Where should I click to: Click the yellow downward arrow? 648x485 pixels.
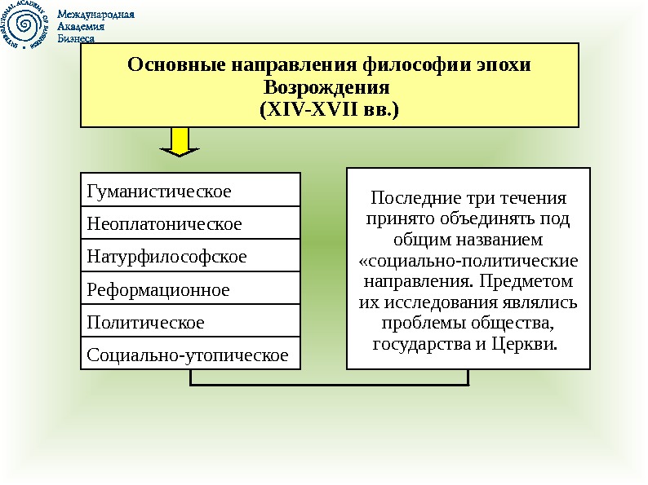click(180, 141)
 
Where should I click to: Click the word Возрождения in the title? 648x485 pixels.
click(329, 86)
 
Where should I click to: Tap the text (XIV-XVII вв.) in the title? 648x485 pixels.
click(329, 108)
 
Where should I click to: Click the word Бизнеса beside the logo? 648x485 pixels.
click(78, 37)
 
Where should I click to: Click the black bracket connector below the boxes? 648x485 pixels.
click(330, 383)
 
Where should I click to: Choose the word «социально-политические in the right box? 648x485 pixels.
click(468, 261)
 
